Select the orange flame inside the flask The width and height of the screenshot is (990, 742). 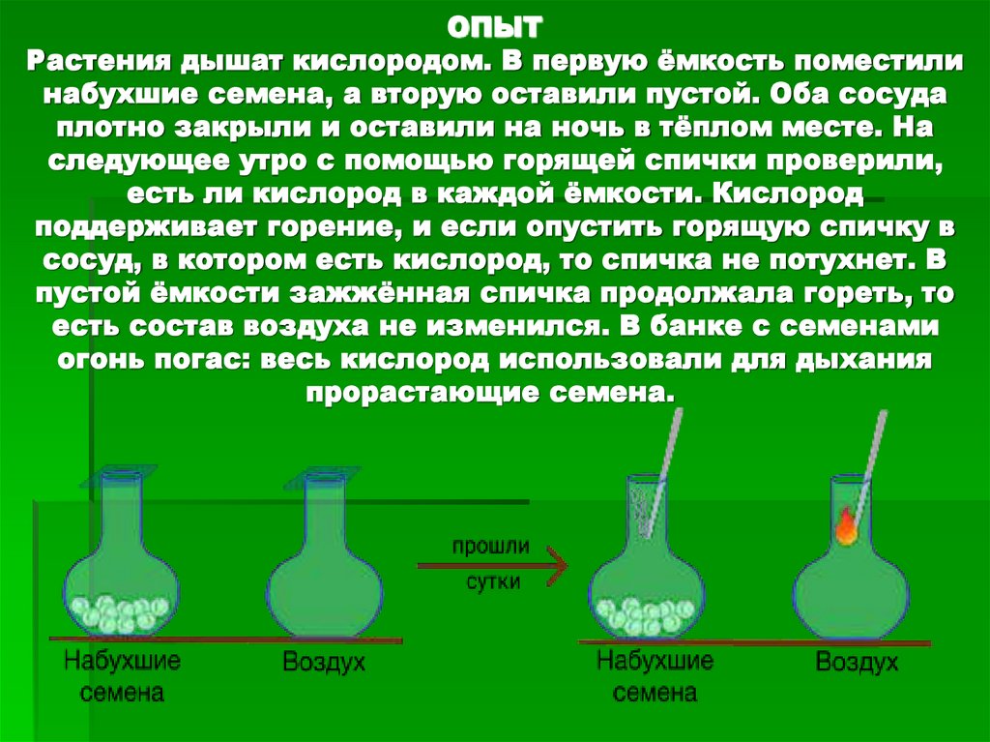(x=846, y=528)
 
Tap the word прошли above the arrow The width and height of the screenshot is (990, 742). (x=493, y=546)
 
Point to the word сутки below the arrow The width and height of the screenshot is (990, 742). (x=493, y=583)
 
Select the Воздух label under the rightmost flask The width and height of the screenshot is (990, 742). (x=857, y=664)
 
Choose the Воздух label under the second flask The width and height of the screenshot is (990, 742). (x=323, y=664)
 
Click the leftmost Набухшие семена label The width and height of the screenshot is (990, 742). (x=123, y=676)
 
